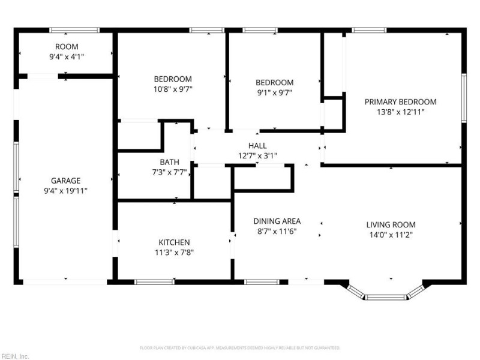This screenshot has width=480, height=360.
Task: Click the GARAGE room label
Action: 65,180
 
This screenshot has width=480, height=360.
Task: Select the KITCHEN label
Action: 175,242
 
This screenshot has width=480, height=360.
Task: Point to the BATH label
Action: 169,162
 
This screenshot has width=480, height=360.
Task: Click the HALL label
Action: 257,145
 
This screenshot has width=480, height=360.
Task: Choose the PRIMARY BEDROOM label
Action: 400,101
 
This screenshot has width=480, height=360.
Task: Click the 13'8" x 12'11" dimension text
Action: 400,112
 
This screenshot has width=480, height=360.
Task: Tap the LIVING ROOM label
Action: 391,225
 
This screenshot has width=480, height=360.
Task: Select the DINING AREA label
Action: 277,221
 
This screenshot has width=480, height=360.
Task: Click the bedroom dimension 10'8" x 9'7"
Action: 173,89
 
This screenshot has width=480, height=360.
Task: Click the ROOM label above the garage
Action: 67,47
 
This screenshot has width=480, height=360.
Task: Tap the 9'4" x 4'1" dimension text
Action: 67,56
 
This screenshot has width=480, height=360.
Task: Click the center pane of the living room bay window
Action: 386,296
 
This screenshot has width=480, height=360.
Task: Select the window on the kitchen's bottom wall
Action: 154,281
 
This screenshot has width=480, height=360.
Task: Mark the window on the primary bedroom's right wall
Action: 463,98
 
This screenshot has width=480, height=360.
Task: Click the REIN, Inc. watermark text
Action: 15,356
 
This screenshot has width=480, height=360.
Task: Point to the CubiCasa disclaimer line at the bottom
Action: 240,347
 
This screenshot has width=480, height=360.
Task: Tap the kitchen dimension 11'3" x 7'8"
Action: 175,252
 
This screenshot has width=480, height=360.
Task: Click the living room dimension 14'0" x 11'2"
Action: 391,235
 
